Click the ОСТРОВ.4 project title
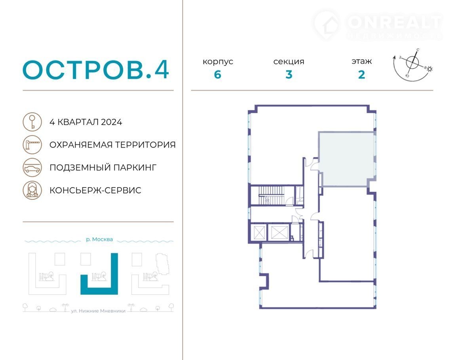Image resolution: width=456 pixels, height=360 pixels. [x=96, y=70]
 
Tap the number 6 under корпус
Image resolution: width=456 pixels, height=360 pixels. [x=218, y=75]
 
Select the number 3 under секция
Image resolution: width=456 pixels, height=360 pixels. [x=289, y=75]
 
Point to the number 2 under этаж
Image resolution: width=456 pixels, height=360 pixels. [x=361, y=75]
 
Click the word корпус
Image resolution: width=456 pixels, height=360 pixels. [x=218, y=62]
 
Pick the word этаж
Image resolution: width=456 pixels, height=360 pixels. [x=361, y=61]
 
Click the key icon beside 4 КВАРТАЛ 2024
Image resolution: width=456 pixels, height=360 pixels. [x=32, y=122]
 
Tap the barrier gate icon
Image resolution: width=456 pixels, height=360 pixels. [x=32, y=144]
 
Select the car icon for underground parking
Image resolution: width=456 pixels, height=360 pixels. [x=32, y=167]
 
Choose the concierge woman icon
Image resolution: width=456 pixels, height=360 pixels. [x=32, y=190]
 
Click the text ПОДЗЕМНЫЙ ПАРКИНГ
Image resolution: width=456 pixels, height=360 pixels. [x=103, y=168]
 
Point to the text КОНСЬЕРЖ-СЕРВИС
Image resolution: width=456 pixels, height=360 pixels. [x=95, y=190]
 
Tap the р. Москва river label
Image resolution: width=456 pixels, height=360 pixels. [x=99, y=239]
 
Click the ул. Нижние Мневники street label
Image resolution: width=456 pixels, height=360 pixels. [x=98, y=311]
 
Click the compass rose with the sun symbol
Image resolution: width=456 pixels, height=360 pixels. [x=412, y=64]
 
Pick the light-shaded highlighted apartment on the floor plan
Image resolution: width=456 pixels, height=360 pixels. [x=346, y=159]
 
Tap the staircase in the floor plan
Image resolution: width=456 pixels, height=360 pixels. [x=271, y=195]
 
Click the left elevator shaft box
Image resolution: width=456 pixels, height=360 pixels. [x=259, y=233]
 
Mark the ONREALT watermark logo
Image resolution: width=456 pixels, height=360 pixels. [x=378, y=25]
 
